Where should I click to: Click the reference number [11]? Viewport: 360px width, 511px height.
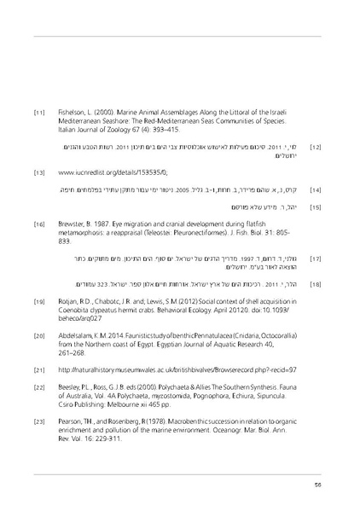38,113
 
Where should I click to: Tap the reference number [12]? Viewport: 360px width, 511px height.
315,148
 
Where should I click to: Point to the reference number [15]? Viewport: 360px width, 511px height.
315,206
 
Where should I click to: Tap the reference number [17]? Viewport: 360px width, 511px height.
315,258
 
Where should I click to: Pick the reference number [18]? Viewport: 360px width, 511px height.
315,283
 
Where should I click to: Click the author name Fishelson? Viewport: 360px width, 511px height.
73,113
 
